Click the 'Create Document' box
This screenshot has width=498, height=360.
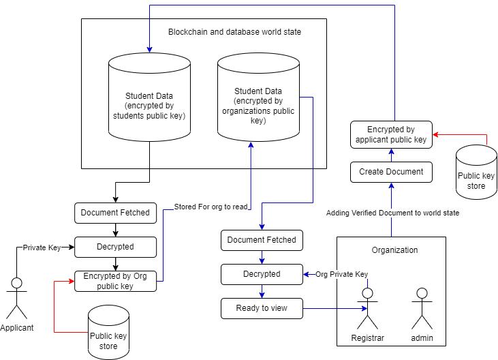[391, 172]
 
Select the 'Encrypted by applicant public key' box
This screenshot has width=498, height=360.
[391, 134]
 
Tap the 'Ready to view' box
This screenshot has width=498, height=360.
[262, 308]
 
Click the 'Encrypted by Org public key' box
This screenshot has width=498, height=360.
[115, 281]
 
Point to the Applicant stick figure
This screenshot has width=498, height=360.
[17, 298]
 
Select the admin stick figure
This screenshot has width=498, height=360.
[422, 308]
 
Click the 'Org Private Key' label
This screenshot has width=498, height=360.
[341, 274]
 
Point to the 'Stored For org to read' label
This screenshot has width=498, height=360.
[211, 207]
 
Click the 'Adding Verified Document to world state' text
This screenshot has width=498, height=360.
[392, 213]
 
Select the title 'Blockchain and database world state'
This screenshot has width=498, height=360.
[234, 32]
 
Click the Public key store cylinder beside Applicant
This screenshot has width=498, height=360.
[108, 332]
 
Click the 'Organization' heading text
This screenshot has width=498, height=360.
[394, 250]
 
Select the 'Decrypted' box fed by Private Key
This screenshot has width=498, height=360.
[115, 247]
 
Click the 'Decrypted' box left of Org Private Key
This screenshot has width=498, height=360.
[262, 274]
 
